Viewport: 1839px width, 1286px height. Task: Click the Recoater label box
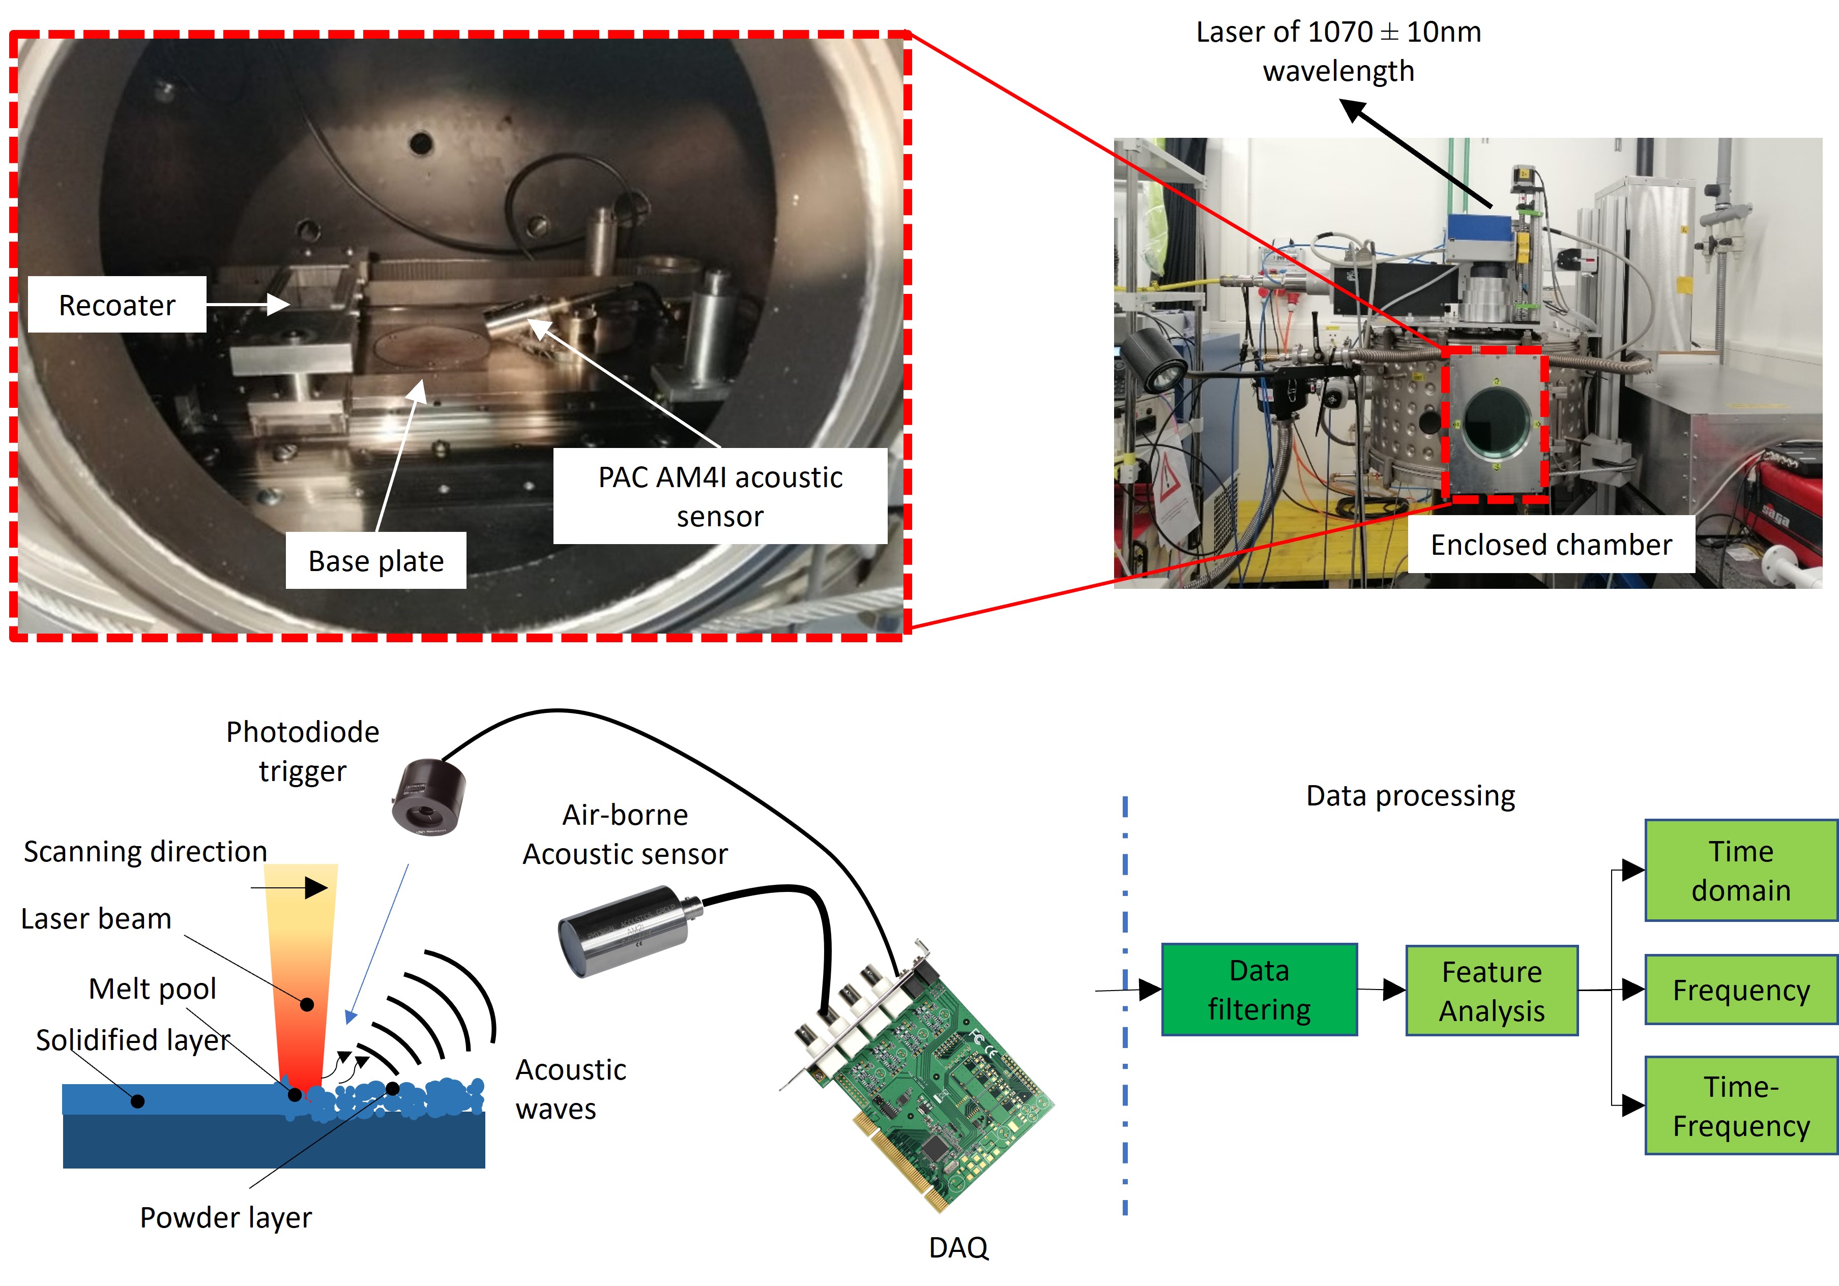[117, 305]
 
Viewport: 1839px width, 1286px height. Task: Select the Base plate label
[375, 560]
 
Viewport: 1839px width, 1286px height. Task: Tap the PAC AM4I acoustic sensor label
[719, 496]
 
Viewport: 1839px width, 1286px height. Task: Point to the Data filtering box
[1259, 990]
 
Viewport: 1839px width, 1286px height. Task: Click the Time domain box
[1740, 871]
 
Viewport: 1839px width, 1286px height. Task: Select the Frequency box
[1740, 990]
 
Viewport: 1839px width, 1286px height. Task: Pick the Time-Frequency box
[1740, 1106]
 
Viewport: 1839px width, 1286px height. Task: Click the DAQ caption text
[958, 1247]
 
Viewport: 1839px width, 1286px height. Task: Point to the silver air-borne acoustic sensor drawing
[625, 931]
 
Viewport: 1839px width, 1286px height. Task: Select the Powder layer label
[225, 1217]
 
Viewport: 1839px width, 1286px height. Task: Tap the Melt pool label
[152, 989]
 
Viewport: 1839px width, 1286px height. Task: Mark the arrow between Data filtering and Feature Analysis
[1382, 990]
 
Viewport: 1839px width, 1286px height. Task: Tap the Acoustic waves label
[570, 1089]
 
